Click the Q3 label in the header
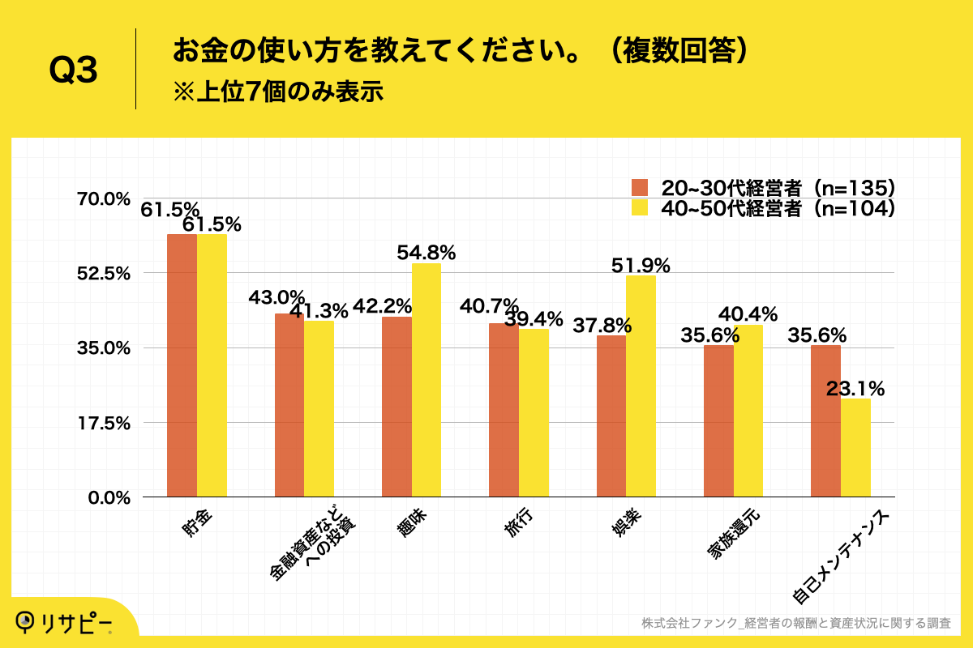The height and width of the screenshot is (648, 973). [73, 71]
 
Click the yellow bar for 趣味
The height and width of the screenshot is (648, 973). [426, 380]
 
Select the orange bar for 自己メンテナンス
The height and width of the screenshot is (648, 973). [825, 420]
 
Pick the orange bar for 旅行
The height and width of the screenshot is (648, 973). [504, 410]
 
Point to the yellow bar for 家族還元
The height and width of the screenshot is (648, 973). [748, 411]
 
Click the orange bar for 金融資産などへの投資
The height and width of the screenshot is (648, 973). [289, 405]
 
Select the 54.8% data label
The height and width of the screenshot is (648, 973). [426, 253]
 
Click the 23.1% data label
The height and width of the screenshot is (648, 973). [855, 389]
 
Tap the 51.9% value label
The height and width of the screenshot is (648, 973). [641, 265]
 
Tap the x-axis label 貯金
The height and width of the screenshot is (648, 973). [199, 526]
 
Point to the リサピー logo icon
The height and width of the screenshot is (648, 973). [27, 620]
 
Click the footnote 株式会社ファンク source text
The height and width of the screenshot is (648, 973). [795, 623]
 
